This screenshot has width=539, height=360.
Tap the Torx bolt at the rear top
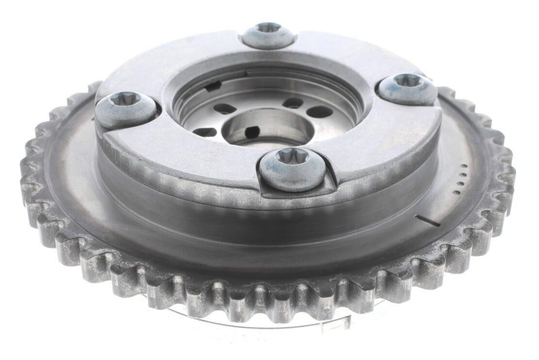(x=269, y=35)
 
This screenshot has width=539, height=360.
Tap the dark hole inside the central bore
(x=252, y=132)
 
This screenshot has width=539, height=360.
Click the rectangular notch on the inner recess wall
(x=213, y=86)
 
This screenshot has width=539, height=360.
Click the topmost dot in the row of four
(x=468, y=167)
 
